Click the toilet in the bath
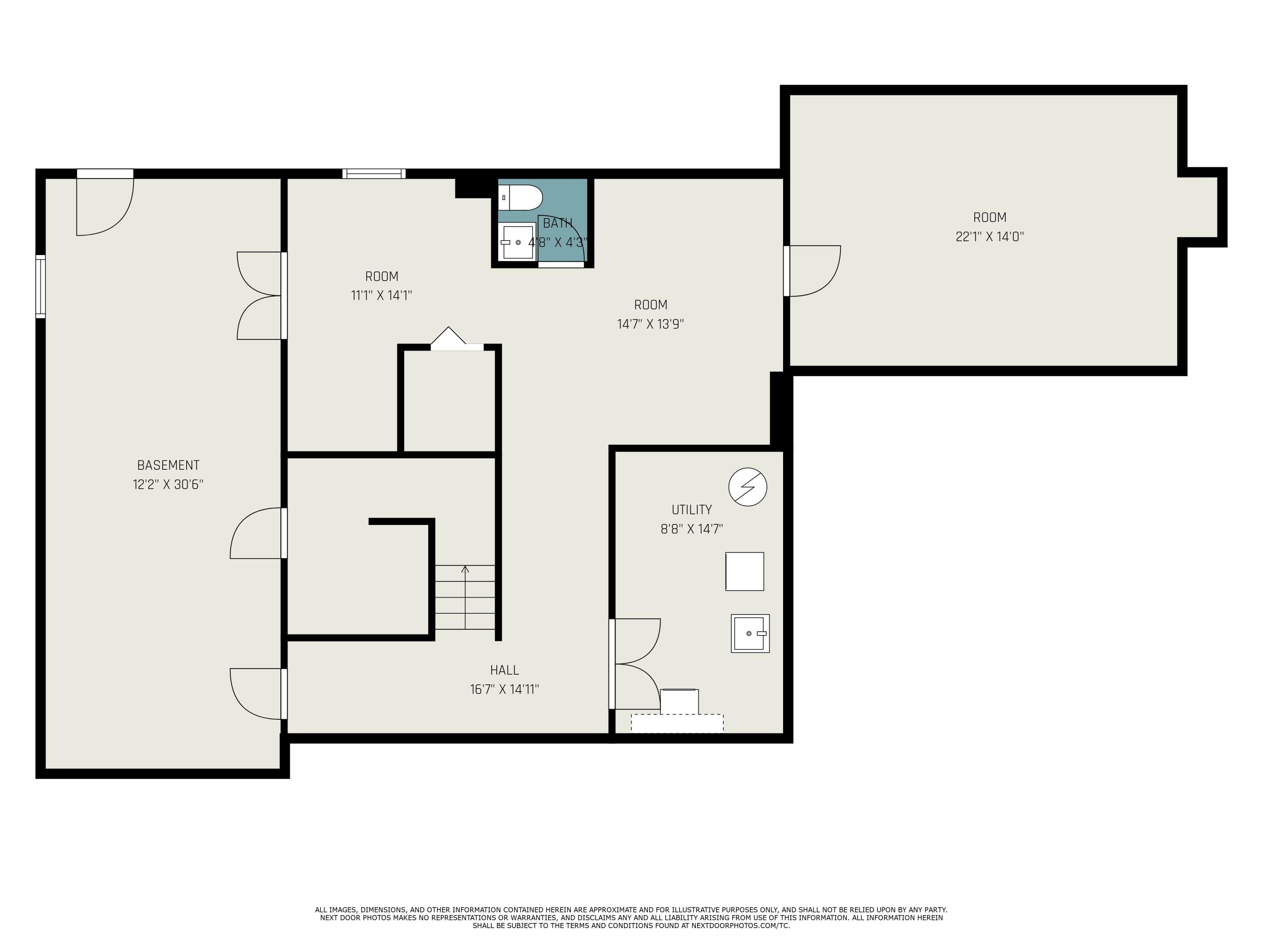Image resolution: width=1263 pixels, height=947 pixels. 521,197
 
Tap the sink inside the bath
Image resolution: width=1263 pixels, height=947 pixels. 517,242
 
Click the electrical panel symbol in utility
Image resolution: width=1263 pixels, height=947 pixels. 747,487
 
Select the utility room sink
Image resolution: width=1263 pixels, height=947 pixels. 750,633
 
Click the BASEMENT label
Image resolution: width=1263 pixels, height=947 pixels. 168,465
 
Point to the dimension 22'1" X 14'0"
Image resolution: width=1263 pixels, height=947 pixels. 989,236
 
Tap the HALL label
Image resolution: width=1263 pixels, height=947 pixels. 504,670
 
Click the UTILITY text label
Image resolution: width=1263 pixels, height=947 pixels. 691,509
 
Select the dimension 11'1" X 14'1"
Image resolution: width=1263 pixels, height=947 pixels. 381,295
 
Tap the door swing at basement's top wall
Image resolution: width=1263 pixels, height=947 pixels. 106,205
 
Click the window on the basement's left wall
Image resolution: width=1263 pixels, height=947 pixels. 40,286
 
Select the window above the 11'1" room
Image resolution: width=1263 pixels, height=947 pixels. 374,173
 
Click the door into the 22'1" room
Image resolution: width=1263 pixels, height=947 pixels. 814,271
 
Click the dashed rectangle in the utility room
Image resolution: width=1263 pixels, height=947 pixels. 677,723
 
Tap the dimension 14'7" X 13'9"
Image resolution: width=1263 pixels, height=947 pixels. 650,324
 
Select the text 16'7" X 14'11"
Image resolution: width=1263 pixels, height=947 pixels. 504,689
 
